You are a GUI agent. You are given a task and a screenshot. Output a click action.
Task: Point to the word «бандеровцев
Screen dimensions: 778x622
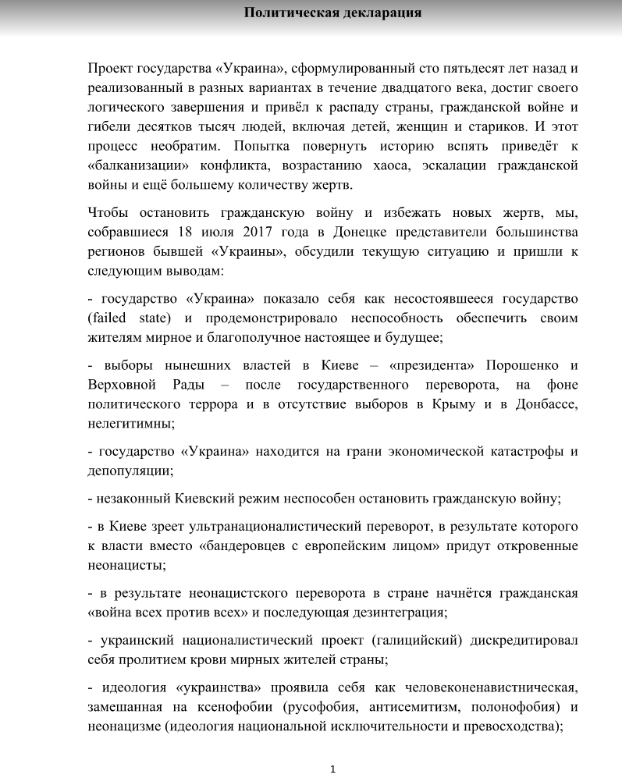[x=244, y=546]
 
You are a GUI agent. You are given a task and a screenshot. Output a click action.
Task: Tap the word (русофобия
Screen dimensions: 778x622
[x=364, y=707]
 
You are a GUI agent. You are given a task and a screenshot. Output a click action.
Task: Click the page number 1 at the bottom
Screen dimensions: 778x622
[x=333, y=769]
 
